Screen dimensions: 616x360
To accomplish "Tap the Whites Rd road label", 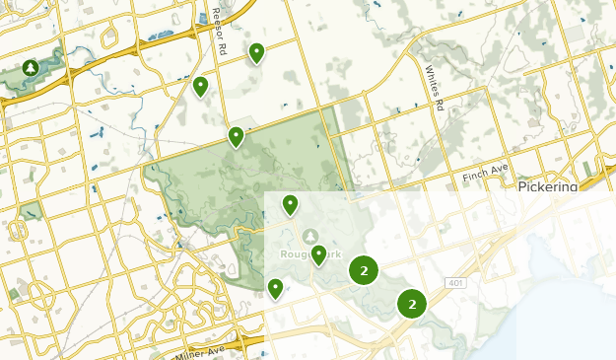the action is coord(434,88).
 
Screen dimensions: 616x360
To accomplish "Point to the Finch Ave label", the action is coord(483,178).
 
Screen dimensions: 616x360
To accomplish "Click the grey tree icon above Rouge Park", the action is coord(310,236).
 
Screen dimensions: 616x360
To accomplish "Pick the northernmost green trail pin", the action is coord(257,52).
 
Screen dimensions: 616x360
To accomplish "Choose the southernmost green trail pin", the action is coord(275,288).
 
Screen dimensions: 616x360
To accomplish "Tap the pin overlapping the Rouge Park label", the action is coord(318,254).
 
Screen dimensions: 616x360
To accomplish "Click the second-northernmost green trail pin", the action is coord(200,86).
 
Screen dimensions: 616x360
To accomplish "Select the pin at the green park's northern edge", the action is coord(236,135).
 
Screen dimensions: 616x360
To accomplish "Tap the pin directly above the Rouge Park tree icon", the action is coord(290,204).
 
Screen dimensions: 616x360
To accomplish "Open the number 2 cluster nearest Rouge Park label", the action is coord(365,270).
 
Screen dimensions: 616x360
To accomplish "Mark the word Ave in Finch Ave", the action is coord(499,176).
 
